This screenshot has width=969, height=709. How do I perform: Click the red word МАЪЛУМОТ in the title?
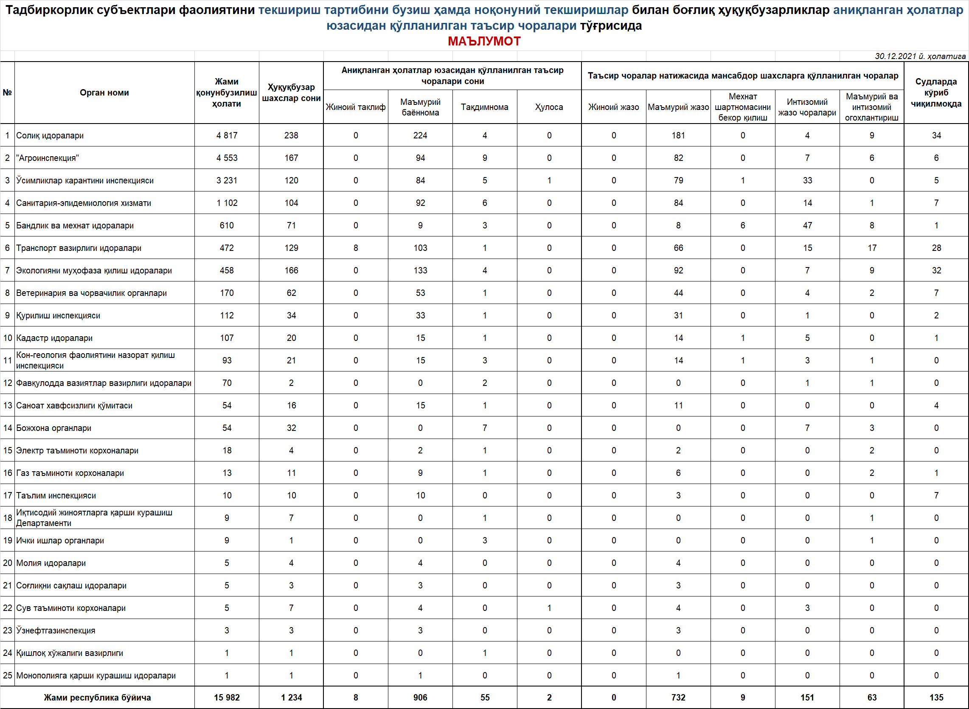[484, 41]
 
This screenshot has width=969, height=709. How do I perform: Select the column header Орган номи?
[104, 93]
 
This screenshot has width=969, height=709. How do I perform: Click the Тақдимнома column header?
[484, 107]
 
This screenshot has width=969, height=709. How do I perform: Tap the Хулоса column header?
[549, 107]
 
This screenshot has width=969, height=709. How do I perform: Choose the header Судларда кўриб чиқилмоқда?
[936, 93]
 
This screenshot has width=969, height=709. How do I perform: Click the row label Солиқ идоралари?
[50, 135]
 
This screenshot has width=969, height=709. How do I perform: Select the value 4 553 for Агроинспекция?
[227, 158]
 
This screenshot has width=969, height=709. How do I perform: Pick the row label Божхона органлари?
[53, 428]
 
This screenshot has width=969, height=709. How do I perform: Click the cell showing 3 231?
[227, 181]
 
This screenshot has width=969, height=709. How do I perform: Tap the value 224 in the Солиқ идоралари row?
[420, 135]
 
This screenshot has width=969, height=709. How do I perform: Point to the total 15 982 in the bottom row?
[227, 698]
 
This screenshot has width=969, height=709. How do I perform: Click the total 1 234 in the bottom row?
[291, 698]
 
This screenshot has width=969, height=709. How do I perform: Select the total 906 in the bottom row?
[420, 698]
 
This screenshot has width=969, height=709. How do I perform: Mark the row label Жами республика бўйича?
[97, 698]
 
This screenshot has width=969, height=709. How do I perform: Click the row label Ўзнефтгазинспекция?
[56, 630]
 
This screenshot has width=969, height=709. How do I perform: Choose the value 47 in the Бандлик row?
[807, 225]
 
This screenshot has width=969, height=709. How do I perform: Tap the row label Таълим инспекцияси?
[56, 496]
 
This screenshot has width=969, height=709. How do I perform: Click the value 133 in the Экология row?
[420, 270]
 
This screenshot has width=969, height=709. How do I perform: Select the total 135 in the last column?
[936, 698]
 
